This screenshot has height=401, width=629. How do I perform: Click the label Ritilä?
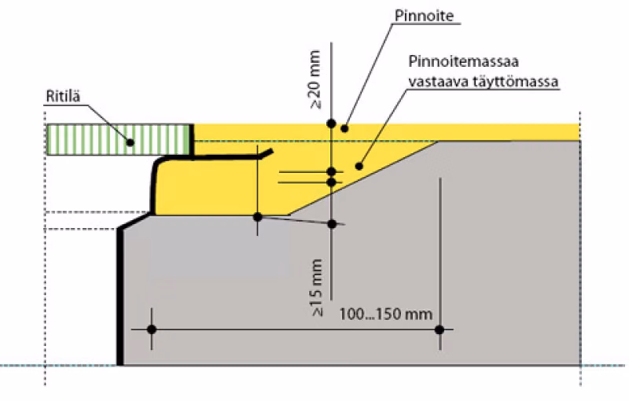click(64, 96)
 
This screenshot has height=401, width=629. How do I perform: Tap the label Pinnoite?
click(425, 16)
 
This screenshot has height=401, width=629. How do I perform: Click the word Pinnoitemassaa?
click(463, 61)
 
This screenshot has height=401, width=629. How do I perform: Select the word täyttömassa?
click(515, 82)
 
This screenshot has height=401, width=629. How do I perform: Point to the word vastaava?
click(438, 82)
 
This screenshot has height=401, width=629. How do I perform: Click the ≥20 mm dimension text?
click(316, 79)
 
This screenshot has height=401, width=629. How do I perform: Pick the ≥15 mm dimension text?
click(317, 288)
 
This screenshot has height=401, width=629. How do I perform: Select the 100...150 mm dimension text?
click(386, 314)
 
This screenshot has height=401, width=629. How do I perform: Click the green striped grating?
click(119, 139)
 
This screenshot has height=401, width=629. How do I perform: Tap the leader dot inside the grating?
click(130, 142)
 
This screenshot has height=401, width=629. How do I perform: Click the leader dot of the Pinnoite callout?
click(344, 129)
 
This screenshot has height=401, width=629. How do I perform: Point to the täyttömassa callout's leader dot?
click(359, 166)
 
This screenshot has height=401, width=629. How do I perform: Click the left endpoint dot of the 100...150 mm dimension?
click(152, 329)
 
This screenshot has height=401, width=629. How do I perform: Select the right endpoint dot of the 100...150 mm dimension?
click(440, 329)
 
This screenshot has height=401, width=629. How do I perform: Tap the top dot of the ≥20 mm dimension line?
click(331, 123)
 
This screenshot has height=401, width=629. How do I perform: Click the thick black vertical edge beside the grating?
click(192, 140)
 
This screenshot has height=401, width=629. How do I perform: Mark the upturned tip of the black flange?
click(271, 152)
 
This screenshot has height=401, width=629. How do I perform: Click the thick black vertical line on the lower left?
click(120, 296)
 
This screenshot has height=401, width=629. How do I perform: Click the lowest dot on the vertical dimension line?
click(332, 224)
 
